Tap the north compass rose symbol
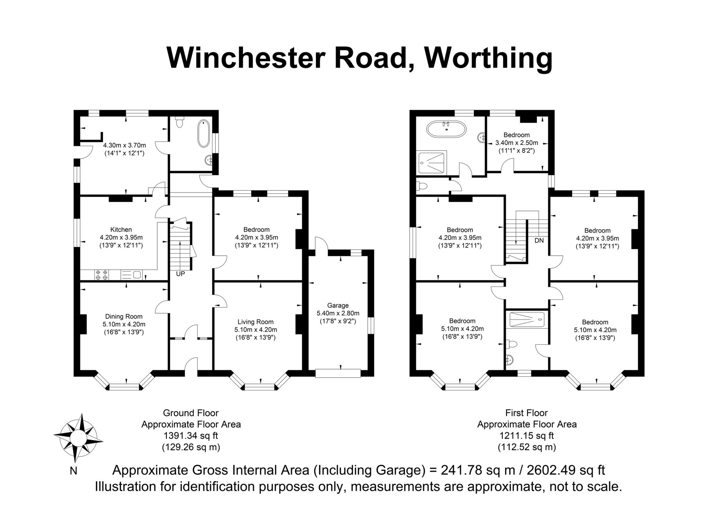[78, 438]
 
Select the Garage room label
[338, 305]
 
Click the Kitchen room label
[121, 229]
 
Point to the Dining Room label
[124, 316]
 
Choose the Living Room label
[255, 322]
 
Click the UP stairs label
[181, 274]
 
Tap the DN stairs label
[539, 240]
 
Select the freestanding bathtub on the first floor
[447, 130]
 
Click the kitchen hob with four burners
[101, 275]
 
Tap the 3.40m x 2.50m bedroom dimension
[517, 143]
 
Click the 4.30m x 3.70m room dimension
[125, 145]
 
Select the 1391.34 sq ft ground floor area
[191, 435]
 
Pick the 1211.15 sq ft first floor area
[527, 435]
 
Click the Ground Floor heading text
[191, 413]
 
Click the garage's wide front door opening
[338, 373]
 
